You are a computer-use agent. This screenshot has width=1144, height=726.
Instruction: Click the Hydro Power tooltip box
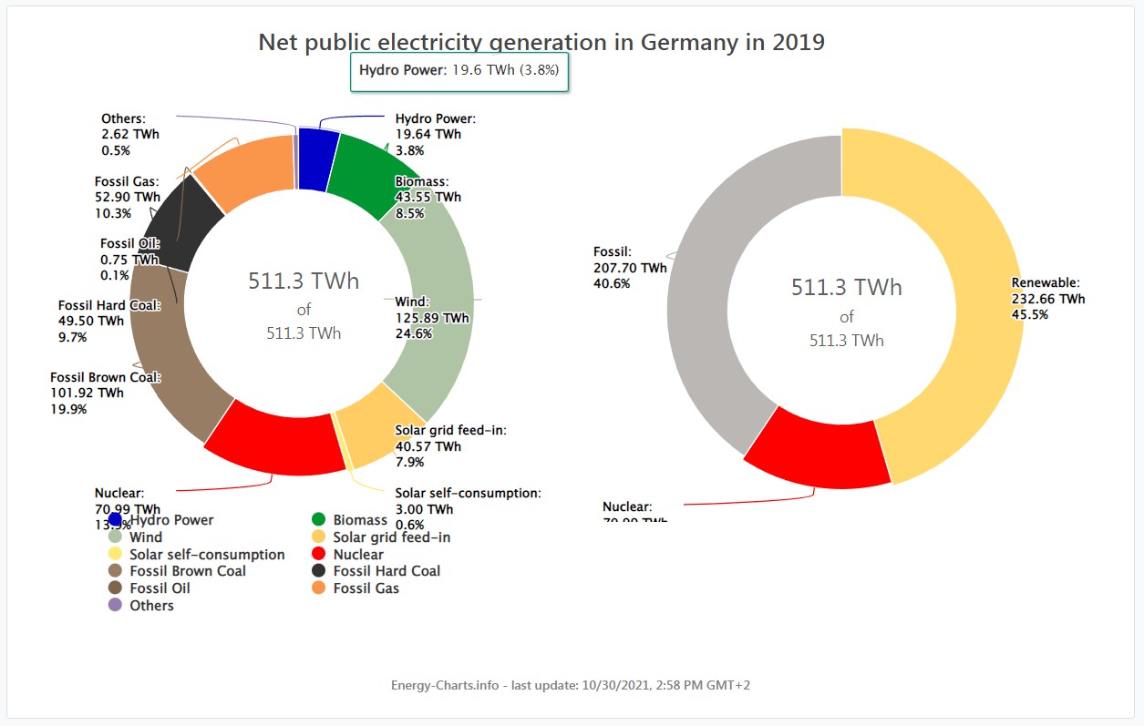459,71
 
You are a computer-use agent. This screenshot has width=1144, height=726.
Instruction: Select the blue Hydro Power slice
314,159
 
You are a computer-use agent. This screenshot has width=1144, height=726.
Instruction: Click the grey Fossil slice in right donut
720,301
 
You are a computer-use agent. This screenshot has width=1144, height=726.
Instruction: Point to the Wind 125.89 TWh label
431,318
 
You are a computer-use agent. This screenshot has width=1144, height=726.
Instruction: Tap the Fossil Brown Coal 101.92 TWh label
105,393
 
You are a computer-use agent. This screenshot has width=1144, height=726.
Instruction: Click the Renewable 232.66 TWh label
1048,299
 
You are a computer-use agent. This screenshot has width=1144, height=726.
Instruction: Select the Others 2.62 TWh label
129,134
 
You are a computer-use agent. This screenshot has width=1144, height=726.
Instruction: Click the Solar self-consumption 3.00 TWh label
468,508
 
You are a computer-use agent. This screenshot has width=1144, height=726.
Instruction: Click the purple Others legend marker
115,605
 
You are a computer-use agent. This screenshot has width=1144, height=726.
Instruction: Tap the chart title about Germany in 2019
541,42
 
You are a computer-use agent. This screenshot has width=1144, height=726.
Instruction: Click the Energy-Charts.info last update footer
571,685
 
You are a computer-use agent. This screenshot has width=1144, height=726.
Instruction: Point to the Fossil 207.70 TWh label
630,268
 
